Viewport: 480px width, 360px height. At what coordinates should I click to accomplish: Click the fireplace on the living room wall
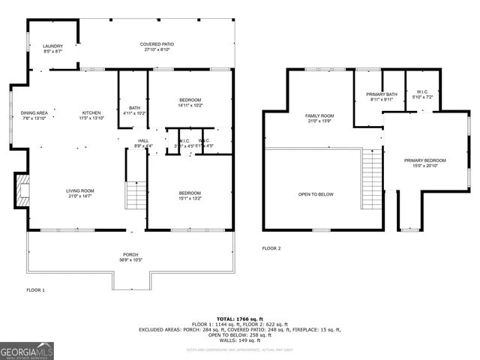(22, 191)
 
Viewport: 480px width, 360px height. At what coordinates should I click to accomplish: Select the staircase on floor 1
(135, 196)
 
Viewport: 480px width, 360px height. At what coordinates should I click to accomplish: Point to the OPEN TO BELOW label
(316, 194)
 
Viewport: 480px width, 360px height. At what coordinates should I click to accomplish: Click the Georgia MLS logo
(27, 350)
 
